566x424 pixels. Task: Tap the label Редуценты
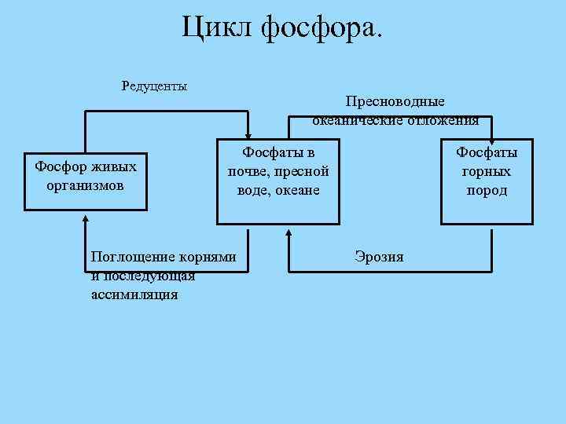tap(154, 85)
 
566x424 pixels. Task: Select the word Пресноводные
tap(395, 102)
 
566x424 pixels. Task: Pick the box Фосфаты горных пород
tap(487, 181)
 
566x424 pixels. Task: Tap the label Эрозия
tap(379, 257)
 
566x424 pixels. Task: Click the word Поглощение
tap(130, 257)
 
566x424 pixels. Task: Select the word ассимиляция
tap(134, 294)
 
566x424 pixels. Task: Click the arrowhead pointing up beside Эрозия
tap(289, 235)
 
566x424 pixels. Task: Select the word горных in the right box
tap(487, 171)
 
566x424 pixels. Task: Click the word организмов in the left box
tap(86, 186)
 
